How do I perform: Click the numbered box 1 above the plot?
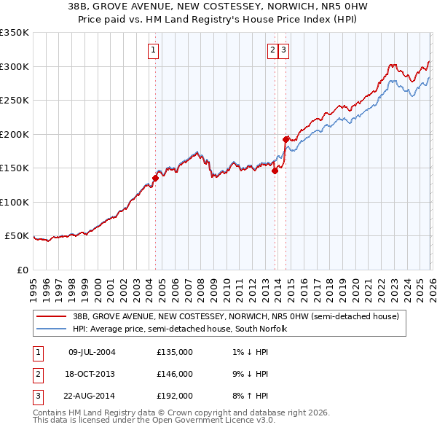[x=154, y=50]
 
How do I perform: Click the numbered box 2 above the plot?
[x=272, y=50]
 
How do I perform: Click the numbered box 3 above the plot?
[x=283, y=50]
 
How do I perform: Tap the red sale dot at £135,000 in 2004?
[x=155, y=177]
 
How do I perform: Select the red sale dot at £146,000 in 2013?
[x=275, y=171]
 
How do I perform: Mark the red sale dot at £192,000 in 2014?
[x=286, y=138]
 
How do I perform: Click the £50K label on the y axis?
[x=16, y=236]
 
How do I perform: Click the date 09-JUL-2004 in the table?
[x=92, y=353]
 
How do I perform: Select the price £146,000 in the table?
[x=174, y=374]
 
